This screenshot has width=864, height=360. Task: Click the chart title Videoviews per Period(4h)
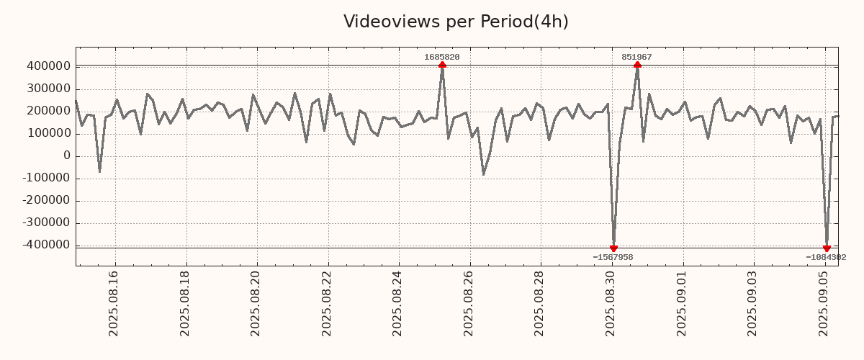(456, 22)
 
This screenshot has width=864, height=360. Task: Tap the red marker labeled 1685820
(442, 65)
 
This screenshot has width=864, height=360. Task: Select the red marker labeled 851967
(637, 65)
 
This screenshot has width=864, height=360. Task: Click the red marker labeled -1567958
(613, 248)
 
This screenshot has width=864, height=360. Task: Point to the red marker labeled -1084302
(827, 248)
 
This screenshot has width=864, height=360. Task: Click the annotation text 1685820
(442, 57)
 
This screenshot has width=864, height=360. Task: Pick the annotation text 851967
(637, 57)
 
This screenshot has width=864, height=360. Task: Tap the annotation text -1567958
(613, 257)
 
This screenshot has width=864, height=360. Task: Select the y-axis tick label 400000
(48, 66)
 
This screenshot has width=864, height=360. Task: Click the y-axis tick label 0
(67, 156)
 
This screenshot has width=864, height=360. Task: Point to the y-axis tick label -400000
(45, 246)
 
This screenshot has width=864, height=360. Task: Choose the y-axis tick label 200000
(48, 111)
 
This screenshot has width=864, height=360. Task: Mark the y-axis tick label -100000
(45, 179)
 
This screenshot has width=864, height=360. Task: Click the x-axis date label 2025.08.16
(114, 303)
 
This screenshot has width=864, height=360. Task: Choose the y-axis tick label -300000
(45, 223)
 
